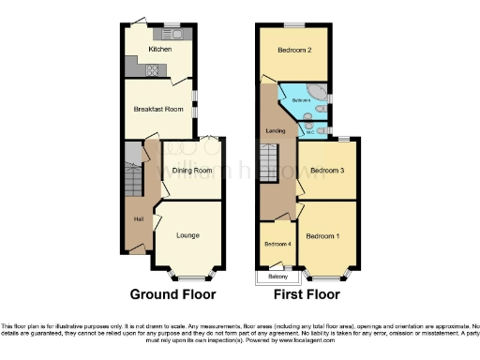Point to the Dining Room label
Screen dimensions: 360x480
[191, 171]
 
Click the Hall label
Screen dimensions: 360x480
[139, 219]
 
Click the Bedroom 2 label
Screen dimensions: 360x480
[293, 49]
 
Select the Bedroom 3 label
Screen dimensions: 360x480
[328, 171]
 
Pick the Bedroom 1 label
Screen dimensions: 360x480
[322, 235]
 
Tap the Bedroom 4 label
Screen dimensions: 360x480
[277, 244]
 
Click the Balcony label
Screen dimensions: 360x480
[277, 277]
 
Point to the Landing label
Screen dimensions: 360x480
[276, 130]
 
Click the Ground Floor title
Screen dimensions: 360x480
[172, 293]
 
